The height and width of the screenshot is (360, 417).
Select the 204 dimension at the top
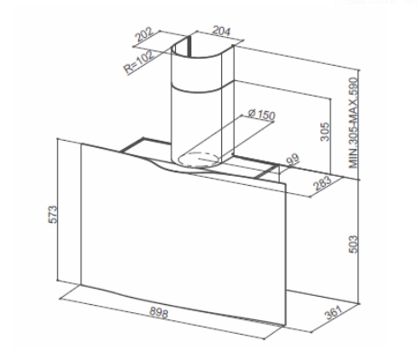click(217, 29)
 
